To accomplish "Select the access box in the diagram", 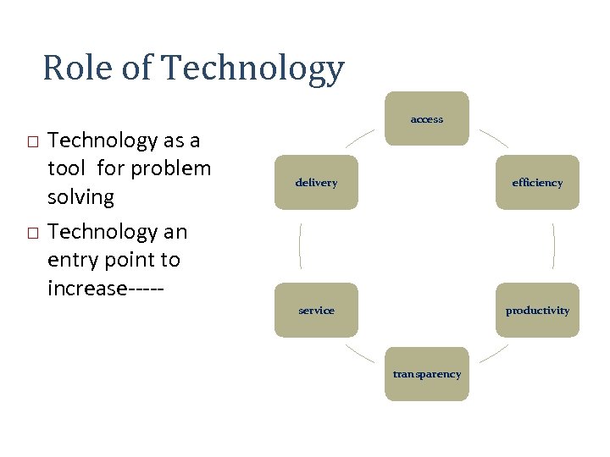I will tap(427, 118).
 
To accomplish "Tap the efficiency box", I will tap(537, 182).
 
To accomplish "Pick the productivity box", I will tap(537, 310).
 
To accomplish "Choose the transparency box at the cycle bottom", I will tap(427, 374).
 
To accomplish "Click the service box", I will tap(316, 310).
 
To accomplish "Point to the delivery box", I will tap(316, 182).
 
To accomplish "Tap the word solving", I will tap(80, 197).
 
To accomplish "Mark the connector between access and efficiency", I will tap(493, 138).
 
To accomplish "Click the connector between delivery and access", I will tap(360, 138).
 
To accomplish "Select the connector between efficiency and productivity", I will tap(553, 245).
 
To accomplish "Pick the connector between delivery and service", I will tap(300, 245).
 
